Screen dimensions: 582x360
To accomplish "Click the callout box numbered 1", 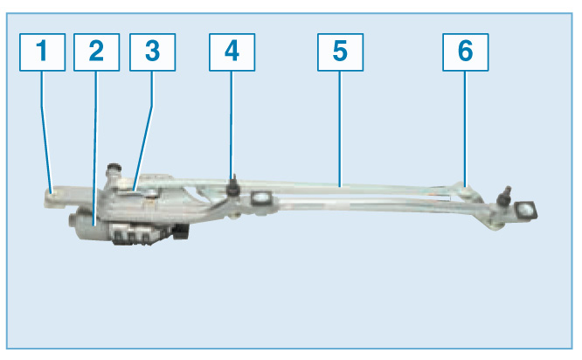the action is pos(42,52).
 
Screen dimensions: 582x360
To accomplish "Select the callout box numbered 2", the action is pos(96,52).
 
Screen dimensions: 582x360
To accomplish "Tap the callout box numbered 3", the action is pos(153,52).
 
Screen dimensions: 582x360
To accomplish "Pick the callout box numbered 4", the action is pos(232,52).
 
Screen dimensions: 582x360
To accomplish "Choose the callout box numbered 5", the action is pos(340,52).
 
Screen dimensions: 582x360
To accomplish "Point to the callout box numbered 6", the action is pos(466,52).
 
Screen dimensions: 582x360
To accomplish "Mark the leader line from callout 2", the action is pos(95,149).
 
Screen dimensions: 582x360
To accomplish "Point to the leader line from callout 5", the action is pos(340,128).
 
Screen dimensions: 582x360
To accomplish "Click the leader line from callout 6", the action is pos(465,128).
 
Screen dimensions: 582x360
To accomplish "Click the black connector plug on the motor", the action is pos(182,232).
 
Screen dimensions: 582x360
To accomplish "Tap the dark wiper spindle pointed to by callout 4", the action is pos(233,186).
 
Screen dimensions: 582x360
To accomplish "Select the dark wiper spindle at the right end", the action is pos(504,196).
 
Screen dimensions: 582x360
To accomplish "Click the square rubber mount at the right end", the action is pos(525,211).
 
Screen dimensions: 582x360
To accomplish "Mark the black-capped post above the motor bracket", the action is pos(114,170).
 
